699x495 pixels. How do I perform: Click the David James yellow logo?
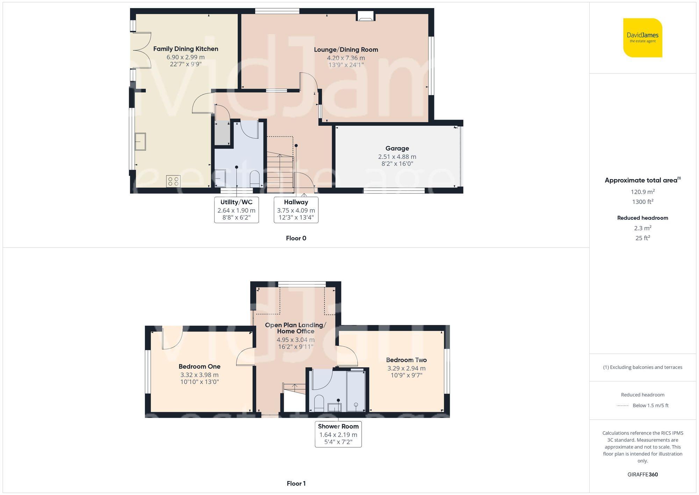(x=642, y=38)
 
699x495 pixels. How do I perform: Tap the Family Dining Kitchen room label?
(x=186, y=49)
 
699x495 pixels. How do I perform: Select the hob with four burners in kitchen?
(x=173, y=181)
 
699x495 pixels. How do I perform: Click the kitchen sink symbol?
(x=140, y=141)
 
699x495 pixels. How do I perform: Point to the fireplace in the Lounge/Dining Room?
(x=366, y=16)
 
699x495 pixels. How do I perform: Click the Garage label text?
(x=397, y=148)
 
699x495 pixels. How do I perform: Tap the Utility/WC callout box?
(x=236, y=210)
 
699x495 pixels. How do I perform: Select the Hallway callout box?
(x=296, y=210)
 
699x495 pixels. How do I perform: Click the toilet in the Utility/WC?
(x=255, y=178)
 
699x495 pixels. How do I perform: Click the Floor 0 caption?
(x=296, y=238)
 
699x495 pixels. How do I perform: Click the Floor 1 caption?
(x=296, y=483)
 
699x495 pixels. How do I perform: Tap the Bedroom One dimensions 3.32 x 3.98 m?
(x=199, y=375)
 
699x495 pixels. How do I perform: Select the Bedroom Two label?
(x=406, y=360)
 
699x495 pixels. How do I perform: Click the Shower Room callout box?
(x=338, y=434)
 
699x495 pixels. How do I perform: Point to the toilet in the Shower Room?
(x=319, y=403)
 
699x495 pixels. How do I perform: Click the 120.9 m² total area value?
(x=642, y=192)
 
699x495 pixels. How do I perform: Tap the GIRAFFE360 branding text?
(x=642, y=474)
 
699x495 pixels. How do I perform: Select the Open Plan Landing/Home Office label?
(x=295, y=328)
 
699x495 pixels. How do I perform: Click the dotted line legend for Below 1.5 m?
(x=623, y=406)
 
